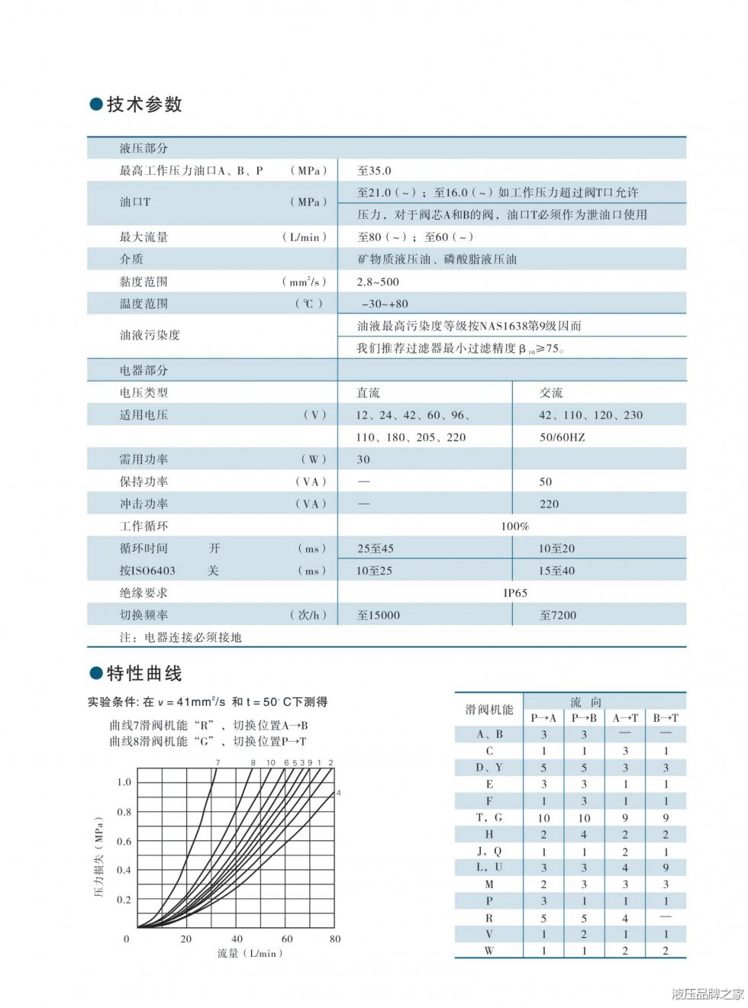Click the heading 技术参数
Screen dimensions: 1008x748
tap(143, 105)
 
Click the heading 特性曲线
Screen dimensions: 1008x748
tap(143, 673)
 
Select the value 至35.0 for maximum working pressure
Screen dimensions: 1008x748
tap(374, 171)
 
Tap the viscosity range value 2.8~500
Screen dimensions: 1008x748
tap(378, 282)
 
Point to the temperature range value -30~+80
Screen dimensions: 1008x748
tap(385, 304)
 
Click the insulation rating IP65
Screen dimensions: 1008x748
tap(515, 593)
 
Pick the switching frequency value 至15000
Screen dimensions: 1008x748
tap(379, 615)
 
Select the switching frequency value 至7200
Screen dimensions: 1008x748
tap(558, 615)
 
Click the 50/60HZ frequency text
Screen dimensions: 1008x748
tap(562, 437)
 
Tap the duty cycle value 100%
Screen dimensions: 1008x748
tap(515, 527)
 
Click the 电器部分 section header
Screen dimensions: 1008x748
tap(143, 371)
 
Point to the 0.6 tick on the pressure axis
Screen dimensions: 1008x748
tap(124, 842)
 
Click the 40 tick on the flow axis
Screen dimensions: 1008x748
tap(237, 939)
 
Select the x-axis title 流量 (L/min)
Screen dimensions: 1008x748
tap(250, 954)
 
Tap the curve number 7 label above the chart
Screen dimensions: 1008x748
tap(218, 762)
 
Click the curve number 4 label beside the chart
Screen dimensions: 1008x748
tap(338, 793)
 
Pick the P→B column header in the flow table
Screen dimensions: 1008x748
tap(584, 718)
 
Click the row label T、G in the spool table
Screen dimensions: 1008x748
tap(489, 818)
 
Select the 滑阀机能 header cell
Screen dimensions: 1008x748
tap(489, 710)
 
